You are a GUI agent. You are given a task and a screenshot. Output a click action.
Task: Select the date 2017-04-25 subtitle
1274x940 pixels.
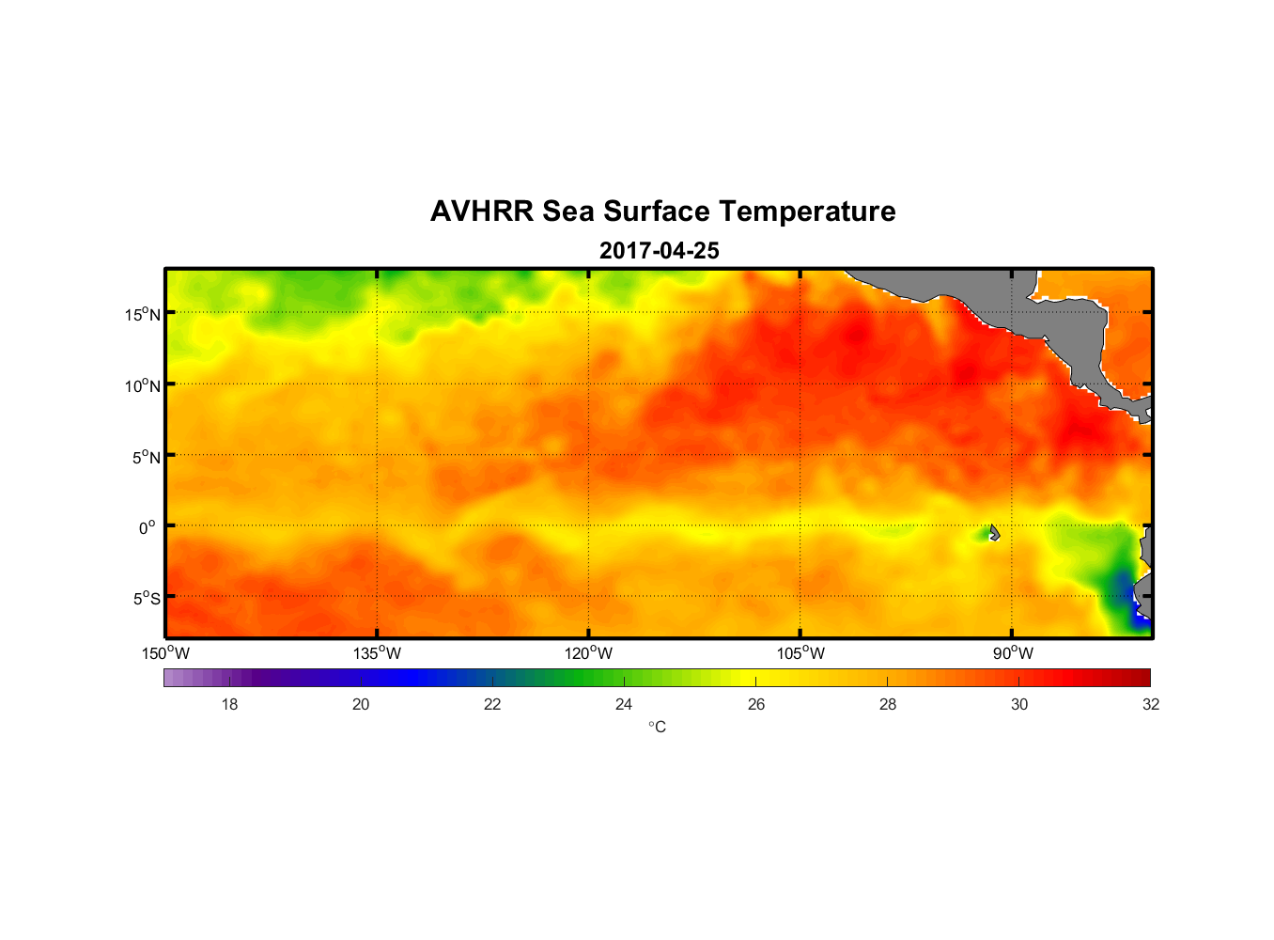coord(660,251)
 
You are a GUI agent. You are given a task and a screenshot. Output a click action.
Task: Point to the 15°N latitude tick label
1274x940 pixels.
coord(143,314)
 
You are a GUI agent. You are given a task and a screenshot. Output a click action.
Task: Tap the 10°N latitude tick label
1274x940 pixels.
coord(143,385)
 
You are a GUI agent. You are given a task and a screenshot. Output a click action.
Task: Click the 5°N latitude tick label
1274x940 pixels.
coord(146,457)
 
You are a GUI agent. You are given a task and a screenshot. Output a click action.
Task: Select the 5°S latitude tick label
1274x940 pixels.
coord(146,599)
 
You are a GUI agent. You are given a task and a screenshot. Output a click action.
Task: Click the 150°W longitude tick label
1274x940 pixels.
coord(166,653)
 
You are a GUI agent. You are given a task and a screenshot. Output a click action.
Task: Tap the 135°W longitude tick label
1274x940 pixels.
coord(378,653)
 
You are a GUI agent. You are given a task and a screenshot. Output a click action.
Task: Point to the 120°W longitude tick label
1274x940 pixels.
coord(589,653)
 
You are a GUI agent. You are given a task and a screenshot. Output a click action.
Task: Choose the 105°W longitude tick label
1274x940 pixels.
coord(800,653)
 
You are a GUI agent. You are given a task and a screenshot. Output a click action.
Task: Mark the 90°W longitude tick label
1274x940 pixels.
coord(1013,653)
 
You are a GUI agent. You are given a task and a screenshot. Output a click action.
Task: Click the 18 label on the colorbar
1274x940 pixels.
coord(229,704)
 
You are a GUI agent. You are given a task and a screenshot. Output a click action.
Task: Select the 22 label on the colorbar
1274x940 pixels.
coord(492,704)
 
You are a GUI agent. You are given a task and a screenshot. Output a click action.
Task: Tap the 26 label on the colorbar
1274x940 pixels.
coord(756,704)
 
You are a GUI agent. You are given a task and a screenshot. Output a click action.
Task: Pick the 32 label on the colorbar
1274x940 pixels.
coord(1151,704)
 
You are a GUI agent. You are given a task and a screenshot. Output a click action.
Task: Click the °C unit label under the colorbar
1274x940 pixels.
coord(657,727)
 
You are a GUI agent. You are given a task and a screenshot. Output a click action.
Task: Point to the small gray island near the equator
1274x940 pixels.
coord(994,532)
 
